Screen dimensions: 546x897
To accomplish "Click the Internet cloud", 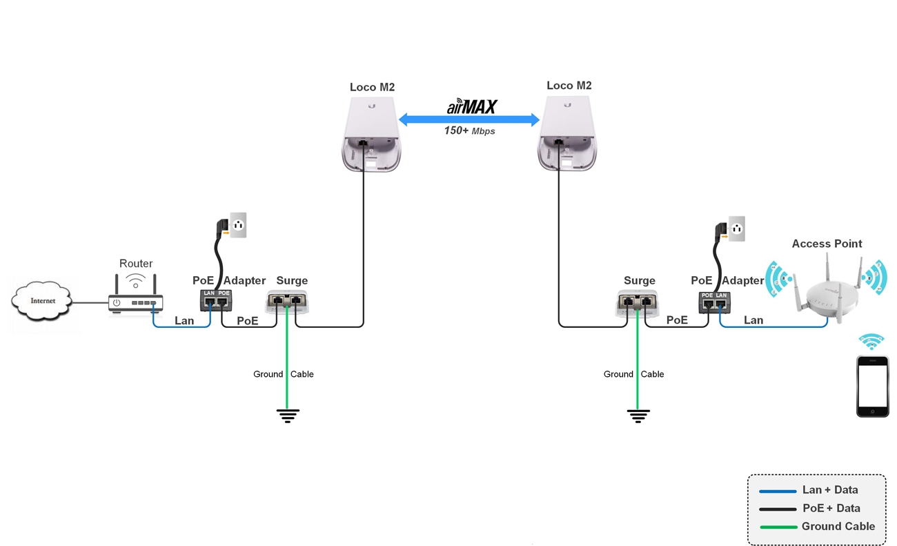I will [x=42, y=302].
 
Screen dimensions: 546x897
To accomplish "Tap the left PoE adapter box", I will [x=216, y=300].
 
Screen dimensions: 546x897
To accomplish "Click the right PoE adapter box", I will [x=713, y=302].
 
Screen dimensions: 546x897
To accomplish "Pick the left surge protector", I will [x=286, y=301].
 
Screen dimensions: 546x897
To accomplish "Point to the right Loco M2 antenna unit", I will [x=568, y=133].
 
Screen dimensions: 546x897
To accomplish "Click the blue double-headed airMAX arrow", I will [x=469, y=121].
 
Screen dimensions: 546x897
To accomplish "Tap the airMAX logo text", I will [x=471, y=107].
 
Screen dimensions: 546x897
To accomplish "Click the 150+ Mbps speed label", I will [x=469, y=130].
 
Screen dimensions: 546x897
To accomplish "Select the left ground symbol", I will [x=288, y=416].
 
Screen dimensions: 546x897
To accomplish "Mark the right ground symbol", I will [x=638, y=416].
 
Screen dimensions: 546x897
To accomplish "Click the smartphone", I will [x=872, y=386].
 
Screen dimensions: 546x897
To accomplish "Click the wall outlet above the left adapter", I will [x=238, y=225].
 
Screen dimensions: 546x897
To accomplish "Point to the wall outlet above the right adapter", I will [x=736, y=228].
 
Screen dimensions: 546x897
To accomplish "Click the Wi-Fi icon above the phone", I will [x=871, y=342].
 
